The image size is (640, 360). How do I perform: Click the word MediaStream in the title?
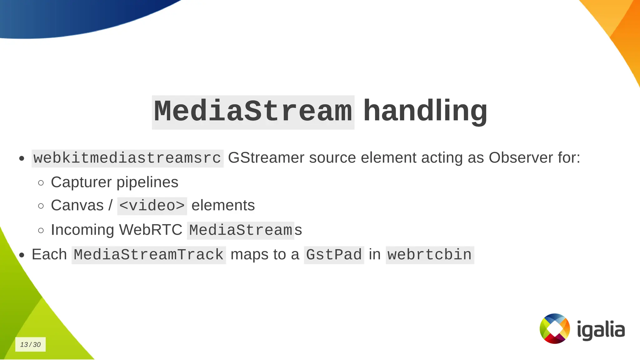tap(253, 112)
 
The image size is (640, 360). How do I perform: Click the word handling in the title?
tap(425, 111)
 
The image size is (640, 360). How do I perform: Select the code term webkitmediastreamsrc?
tap(127, 158)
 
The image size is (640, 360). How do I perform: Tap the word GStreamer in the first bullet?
tap(266, 158)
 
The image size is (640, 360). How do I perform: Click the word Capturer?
tap(81, 182)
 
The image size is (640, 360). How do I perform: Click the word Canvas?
tap(77, 206)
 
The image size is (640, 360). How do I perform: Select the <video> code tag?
tap(152, 206)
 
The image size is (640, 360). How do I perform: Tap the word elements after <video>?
tap(223, 206)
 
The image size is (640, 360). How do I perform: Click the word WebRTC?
tap(150, 230)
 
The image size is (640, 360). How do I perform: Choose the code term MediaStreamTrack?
tap(149, 255)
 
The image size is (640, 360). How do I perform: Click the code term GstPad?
tap(334, 255)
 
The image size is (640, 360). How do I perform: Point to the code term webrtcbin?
tap(430, 255)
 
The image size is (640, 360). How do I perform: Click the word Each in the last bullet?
tap(49, 254)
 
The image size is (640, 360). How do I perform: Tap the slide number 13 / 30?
tap(30, 344)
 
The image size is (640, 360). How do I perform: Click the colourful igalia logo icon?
tap(555, 328)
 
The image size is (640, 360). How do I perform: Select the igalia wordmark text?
tap(601, 330)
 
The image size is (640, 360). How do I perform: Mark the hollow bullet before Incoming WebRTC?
tap(41, 231)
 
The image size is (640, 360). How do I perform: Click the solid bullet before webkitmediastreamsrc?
tap(22, 158)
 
